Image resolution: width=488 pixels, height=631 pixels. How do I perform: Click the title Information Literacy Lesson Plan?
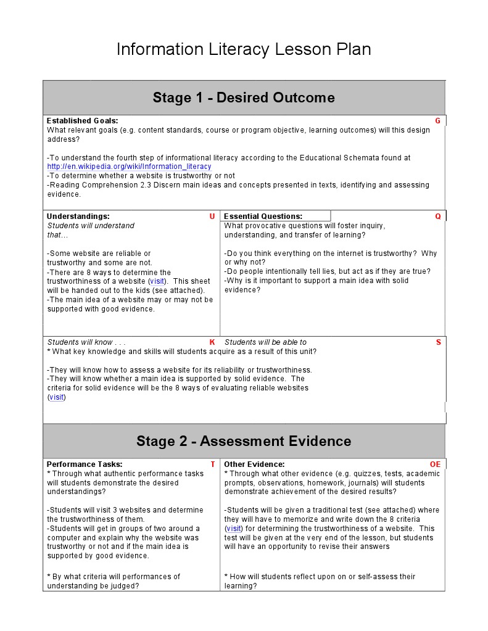(x=244, y=49)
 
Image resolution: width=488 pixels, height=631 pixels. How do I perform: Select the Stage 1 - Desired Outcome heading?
(x=244, y=97)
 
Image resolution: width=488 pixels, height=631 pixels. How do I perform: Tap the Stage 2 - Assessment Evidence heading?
(x=244, y=441)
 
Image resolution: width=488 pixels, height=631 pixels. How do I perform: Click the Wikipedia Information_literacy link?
(x=129, y=167)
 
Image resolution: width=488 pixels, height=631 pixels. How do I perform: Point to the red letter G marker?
(x=437, y=121)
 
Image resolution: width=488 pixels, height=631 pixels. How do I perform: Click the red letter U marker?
(x=212, y=217)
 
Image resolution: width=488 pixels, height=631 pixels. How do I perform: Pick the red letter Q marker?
(x=438, y=217)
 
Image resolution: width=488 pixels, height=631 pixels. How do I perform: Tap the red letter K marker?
(x=212, y=342)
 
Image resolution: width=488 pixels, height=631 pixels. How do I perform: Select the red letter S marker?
(x=439, y=342)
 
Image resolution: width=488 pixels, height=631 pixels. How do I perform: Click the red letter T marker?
(x=213, y=464)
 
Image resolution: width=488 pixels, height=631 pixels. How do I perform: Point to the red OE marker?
(x=436, y=464)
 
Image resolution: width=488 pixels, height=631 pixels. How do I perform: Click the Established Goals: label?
(x=82, y=121)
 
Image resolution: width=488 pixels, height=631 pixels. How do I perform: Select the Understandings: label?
(x=78, y=217)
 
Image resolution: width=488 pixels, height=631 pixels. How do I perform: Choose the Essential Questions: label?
(x=263, y=217)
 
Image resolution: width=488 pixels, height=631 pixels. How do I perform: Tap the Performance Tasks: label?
(x=85, y=464)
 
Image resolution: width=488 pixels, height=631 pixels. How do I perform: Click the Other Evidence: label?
(x=254, y=464)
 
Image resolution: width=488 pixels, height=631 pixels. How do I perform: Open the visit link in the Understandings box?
(x=157, y=281)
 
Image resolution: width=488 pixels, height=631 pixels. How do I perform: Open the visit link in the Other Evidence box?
(x=234, y=529)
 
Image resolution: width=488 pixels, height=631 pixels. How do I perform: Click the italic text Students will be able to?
(x=265, y=342)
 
